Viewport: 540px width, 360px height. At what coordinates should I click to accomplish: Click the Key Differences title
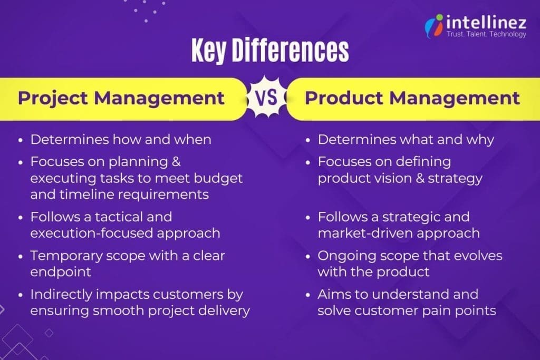[x=269, y=52]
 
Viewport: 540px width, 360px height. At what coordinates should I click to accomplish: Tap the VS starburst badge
[x=266, y=98]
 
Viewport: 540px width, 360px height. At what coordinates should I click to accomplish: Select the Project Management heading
[x=121, y=98]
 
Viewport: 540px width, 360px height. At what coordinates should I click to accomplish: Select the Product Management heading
[x=412, y=98]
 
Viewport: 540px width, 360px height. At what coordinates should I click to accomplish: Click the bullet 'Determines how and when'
[x=120, y=140]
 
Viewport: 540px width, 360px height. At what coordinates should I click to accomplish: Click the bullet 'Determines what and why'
[x=406, y=140]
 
